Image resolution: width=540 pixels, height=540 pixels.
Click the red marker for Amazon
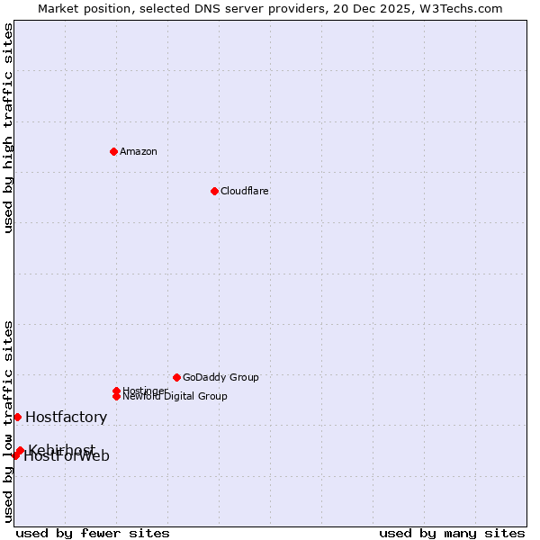click(x=113, y=151)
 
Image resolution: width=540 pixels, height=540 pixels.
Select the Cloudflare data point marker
click(x=214, y=191)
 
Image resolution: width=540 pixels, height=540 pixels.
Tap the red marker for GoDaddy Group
click(x=176, y=377)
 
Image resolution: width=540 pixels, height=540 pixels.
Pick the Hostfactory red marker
click(x=17, y=417)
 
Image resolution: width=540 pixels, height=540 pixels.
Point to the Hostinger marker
click(x=116, y=391)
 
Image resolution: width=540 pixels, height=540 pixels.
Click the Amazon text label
click(x=139, y=151)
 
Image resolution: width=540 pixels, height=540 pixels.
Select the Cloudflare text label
click(x=245, y=191)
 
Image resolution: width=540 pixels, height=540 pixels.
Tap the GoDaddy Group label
click(x=220, y=377)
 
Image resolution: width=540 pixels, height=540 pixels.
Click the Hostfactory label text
click(x=67, y=417)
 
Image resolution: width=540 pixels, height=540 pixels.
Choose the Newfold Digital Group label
click(x=175, y=397)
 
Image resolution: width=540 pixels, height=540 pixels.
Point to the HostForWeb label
click(x=67, y=456)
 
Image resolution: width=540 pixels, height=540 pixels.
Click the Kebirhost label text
click(x=61, y=449)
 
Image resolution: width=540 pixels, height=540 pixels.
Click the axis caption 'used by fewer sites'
click(x=93, y=533)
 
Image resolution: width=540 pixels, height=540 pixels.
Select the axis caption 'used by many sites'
click(x=452, y=533)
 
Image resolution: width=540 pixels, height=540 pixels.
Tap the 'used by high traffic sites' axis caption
click(x=8, y=128)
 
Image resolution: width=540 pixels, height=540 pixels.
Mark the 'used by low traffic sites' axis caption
click(x=8, y=421)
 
